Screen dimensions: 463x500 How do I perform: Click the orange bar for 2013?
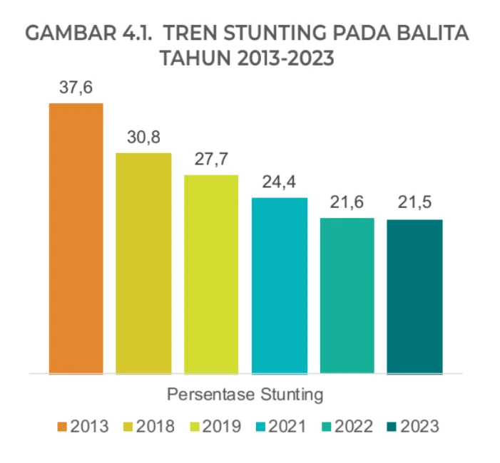point(76,238)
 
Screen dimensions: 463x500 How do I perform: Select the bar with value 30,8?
point(143,263)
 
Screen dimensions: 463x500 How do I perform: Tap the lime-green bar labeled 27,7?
point(211,274)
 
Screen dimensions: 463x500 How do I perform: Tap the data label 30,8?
point(143,137)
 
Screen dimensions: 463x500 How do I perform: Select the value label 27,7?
point(211,160)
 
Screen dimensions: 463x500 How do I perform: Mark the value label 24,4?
point(279,182)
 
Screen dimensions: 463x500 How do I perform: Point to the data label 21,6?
point(347,203)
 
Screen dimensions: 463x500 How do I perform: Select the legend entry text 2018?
point(155,427)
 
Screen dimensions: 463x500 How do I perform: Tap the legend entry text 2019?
point(222,427)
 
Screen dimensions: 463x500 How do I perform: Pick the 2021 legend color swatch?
point(261,427)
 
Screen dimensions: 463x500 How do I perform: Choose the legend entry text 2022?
point(354,427)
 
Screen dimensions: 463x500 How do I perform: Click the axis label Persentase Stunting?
point(245,393)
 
